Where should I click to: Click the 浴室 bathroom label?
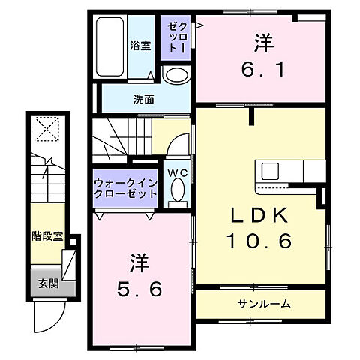click(140, 45)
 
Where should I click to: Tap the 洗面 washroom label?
click(123, 98)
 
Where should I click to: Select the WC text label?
click(177, 171)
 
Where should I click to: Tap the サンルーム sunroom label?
click(265, 304)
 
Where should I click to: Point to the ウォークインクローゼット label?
click(125, 187)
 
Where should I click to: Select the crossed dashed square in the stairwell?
click(47, 130)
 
